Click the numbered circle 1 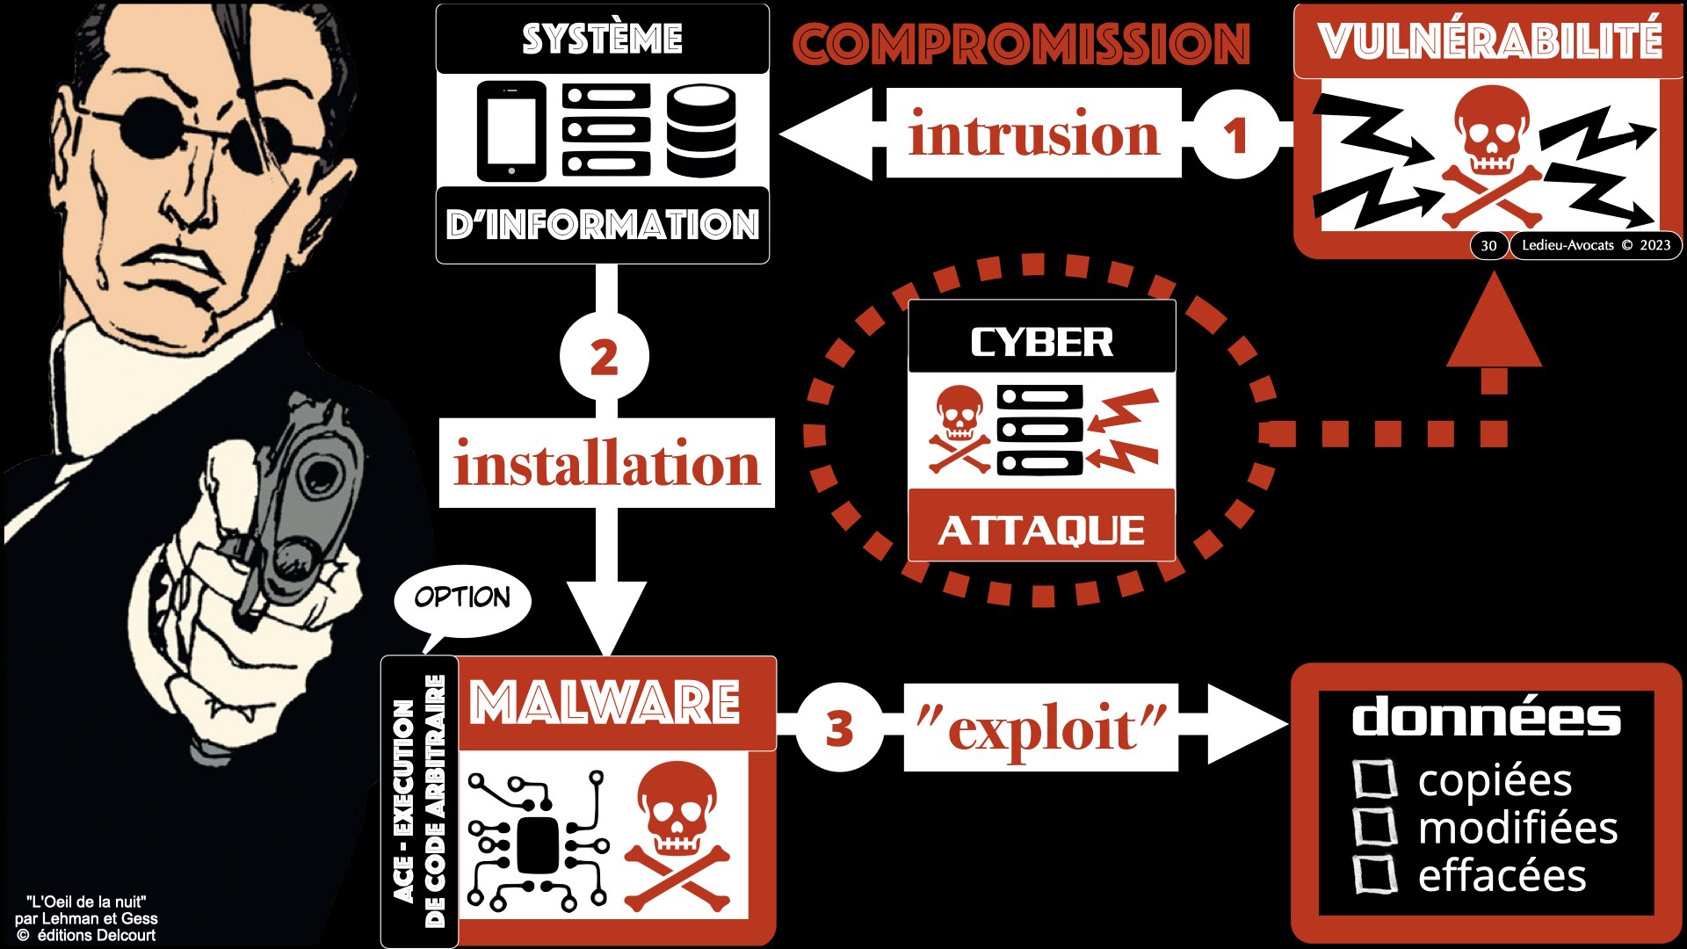click(1235, 135)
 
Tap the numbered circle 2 click(604, 358)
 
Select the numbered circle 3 click(839, 728)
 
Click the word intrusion click(1033, 134)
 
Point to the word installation click(606, 464)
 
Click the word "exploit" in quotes click(1040, 728)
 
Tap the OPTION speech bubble click(462, 598)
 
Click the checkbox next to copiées click(1374, 779)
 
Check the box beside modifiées click(1374, 827)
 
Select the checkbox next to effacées click(1374, 874)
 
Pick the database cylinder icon click(700, 131)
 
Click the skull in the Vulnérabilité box click(1491, 132)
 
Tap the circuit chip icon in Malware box click(537, 844)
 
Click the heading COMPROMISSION click(1021, 44)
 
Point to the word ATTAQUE click(1041, 530)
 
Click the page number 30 click(1488, 245)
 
